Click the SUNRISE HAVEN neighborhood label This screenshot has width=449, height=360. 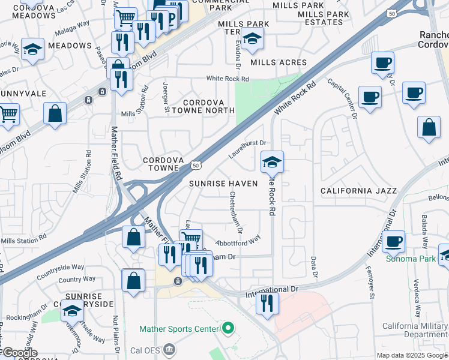point(223,183)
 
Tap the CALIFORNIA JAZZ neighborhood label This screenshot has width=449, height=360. point(358,191)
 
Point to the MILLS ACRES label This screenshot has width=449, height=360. point(279,62)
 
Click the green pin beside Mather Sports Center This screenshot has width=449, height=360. point(228,328)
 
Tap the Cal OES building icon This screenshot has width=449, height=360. point(170,349)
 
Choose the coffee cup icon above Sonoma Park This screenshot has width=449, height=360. point(393,241)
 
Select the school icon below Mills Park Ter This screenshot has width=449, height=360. point(253,40)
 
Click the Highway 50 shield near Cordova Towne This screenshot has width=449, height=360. point(196,164)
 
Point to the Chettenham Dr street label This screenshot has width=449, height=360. point(235,212)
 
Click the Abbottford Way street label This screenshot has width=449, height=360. point(238,239)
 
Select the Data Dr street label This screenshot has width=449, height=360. point(313,266)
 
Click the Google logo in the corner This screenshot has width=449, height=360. point(19,353)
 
